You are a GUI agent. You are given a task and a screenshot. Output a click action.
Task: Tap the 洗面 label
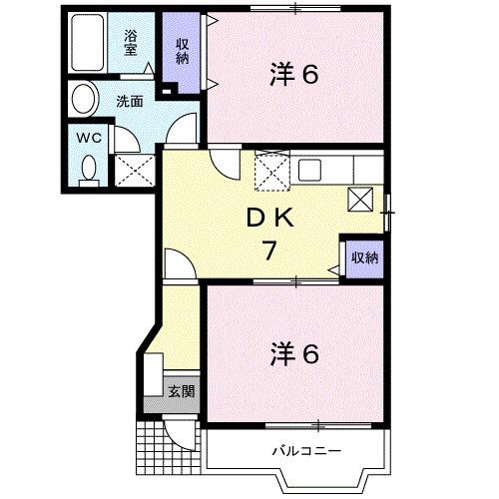[129, 101]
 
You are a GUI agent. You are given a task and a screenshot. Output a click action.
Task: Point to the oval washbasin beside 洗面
[84, 101]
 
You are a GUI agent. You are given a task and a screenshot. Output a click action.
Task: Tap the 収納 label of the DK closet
[364, 257]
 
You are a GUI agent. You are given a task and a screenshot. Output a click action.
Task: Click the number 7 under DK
[268, 250]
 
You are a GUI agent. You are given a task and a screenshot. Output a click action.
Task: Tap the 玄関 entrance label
[180, 390]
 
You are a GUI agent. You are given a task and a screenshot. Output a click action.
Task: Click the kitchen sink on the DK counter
[307, 169]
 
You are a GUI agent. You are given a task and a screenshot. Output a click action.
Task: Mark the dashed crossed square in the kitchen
[270, 171]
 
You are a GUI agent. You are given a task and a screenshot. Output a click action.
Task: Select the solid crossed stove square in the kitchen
[361, 198]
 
